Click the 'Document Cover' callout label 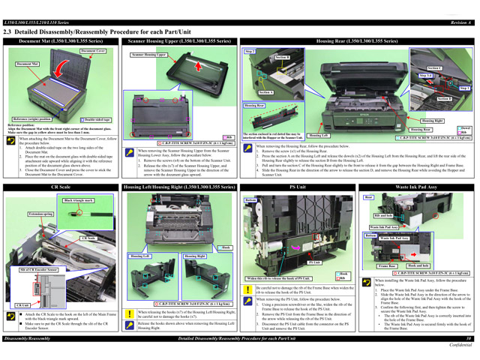pyautogui.click(x=92, y=51)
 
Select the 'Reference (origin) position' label pyautogui.click(x=32, y=119)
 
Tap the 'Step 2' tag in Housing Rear pyautogui.click(x=250, y=51)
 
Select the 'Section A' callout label pyautogui.click(x=265, y=92)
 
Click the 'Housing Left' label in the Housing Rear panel pyautogui.click(x=318, y=136)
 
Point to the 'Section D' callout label pyautogui.click(x=445, y=98)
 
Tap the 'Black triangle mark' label pyautogui.click(x=78, y=200)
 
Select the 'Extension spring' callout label pyautogui.click(x=40, y=214)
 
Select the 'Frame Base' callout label pyautogui.click(x=388, y=266)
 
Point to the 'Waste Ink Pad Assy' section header pyautogui.click(x=417, y=186)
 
